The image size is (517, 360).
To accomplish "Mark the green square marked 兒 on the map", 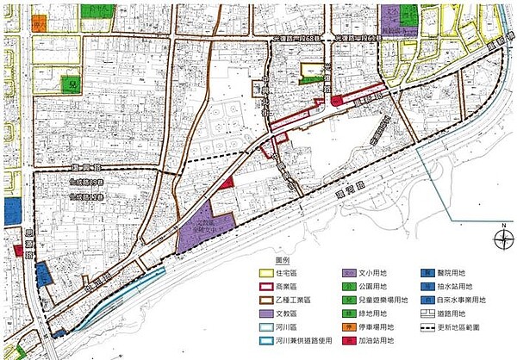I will point(72,84).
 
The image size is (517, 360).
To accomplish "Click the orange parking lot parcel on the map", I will point(40,23).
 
